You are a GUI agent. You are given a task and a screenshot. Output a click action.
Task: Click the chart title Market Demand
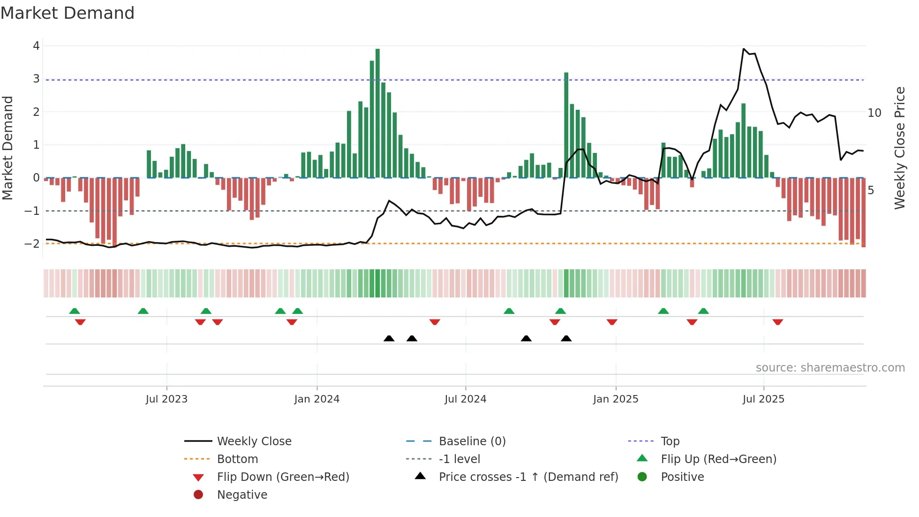coord(68,13)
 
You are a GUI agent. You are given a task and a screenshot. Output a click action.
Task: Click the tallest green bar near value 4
coord(377,113)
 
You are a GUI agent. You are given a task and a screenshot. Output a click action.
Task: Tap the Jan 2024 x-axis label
coord(316,399)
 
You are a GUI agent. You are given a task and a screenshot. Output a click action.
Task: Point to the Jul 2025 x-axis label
coord(763,399)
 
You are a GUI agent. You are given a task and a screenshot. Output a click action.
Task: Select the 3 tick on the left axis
coord(36,79)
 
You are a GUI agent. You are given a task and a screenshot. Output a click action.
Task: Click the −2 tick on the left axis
coord(32,243)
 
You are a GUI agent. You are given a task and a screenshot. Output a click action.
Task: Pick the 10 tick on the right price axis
coord(874,113)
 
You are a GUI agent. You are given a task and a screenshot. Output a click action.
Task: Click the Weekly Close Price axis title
coord(899,148)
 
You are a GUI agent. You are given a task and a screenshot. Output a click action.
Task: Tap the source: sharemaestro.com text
coord(830,368)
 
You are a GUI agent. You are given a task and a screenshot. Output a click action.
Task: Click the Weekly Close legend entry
coord(254,441)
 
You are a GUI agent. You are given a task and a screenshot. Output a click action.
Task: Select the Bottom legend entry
coord(237,459)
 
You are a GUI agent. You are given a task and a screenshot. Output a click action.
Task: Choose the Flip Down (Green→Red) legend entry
coord(283,477)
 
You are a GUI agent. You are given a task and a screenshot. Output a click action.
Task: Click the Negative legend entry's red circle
coord(198,495)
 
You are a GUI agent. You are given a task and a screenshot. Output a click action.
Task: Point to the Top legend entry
coord(670,441)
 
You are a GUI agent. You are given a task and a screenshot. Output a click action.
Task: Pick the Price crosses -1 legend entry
coord(528,477)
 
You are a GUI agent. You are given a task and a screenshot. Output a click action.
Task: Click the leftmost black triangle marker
coord(389,339)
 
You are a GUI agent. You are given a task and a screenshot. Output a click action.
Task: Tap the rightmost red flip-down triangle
coord(777,322)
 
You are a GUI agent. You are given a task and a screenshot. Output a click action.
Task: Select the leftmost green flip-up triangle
coord(75,311)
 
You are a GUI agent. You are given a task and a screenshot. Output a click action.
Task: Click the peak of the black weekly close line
coord(744,49)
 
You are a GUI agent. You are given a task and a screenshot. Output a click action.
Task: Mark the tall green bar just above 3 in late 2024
coord(566,124)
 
